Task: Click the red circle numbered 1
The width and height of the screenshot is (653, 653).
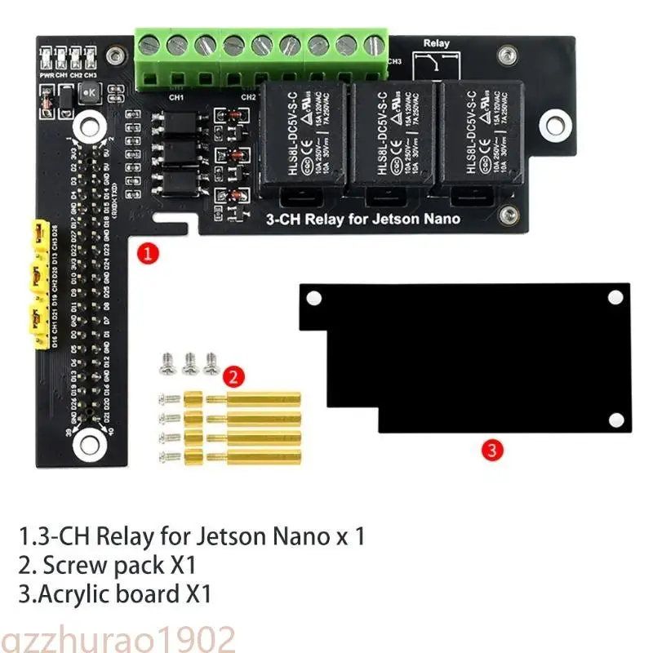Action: tap(147, 253)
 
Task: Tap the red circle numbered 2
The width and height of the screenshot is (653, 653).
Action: tap(233, 376)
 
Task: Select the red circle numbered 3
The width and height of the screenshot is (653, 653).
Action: tap(491, 448)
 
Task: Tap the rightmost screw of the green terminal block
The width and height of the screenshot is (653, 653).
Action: tap(374, 45)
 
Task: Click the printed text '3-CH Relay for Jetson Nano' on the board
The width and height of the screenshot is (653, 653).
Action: tap(364, 219)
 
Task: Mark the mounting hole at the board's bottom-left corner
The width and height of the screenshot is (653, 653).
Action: tap(87, 443)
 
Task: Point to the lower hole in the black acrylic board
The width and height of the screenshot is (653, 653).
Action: tap(615, 420)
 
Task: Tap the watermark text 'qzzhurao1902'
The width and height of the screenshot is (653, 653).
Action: tap(118, 638)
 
